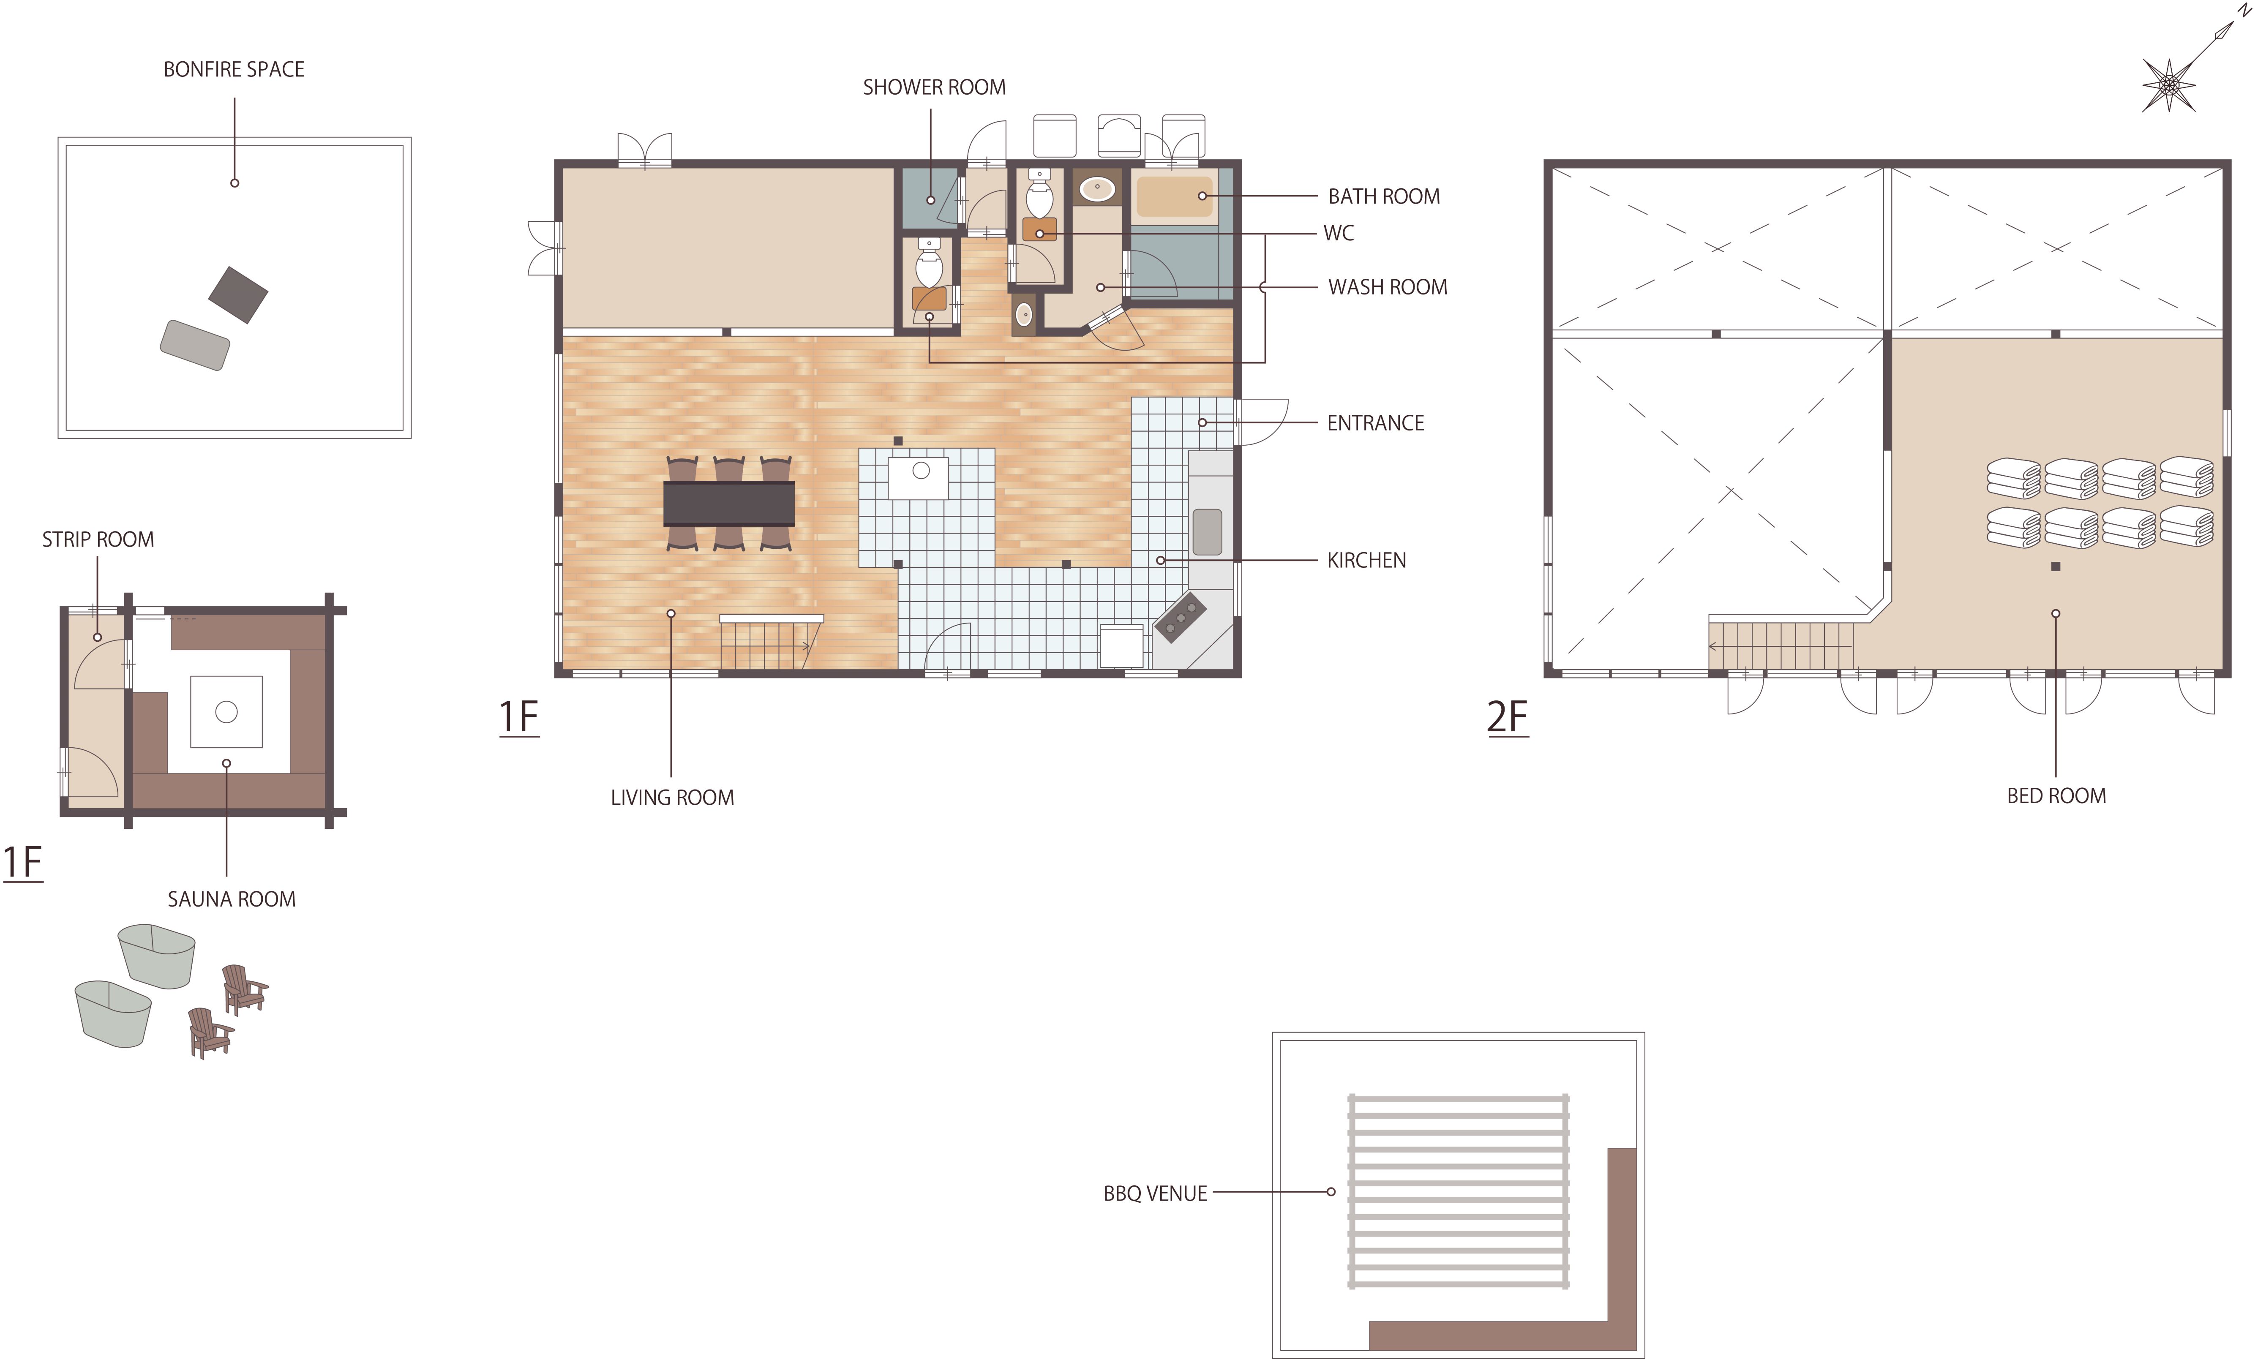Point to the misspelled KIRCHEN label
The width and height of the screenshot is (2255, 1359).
coord(1366,560)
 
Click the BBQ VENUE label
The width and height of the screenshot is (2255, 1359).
coord(1155,1193)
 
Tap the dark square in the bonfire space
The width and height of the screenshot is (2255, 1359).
coord(238,295)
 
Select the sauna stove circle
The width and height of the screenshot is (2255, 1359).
coord(226,712)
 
